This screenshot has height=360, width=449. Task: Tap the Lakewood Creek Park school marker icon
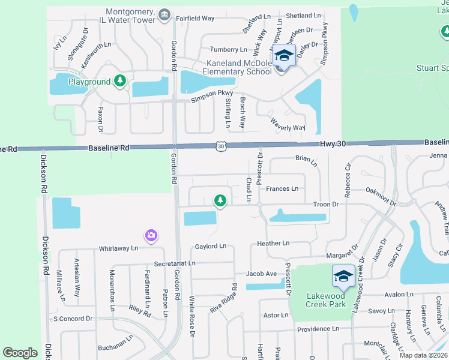coord(343,277)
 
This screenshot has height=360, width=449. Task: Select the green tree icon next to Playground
coord(120,80)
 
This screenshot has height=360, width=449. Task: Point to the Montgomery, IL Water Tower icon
coord(164,13)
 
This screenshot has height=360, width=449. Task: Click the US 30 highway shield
coord(221,146)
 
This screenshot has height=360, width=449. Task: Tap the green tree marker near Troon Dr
coord(220,200)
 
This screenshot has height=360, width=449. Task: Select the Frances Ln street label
coord(282,189)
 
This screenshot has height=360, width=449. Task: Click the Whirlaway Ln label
coord(118,248)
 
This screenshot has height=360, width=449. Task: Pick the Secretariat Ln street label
coord(175,263)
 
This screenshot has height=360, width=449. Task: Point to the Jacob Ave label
coord(261,274)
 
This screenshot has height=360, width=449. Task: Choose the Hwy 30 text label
coord(334,143)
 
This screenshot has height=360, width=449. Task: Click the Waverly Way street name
coord(288,127)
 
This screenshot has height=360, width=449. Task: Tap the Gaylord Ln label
coord(211,246)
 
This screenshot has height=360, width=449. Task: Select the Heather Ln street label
coord(273,244)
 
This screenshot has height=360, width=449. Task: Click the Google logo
coord(20,353)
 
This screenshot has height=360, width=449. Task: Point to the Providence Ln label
coord(318,329)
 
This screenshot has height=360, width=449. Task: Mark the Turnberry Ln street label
coord(228,49)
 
